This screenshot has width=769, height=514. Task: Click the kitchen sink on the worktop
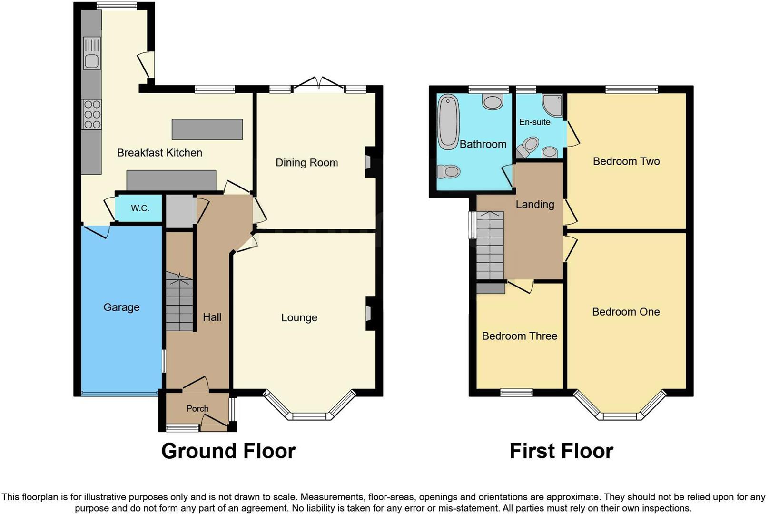(91, 54)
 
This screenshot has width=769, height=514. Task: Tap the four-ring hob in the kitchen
(91, 115)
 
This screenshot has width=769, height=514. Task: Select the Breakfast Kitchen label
(159, 153)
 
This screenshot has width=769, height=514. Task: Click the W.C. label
(140, 208)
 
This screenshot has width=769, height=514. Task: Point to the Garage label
(121, 307)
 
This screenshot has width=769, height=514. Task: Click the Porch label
(197, 408)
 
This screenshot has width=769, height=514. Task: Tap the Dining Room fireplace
(369, 162)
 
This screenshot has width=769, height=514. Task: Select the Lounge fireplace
(369, 314)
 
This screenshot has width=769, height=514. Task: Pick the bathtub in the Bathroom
(448, 122)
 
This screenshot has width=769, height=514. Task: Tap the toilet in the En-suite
(528, 147)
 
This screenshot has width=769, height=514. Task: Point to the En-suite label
(534, 122)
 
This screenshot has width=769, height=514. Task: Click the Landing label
(535, 205)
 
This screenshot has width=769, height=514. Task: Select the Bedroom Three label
(519, 336)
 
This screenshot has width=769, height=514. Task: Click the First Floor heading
(561, 451)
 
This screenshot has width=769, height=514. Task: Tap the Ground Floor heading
(228, 451)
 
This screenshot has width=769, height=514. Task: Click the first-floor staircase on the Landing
(490, 246)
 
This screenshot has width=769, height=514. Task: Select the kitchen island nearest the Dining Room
(207, 129)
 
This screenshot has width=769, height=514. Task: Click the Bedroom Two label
(626, 161)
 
